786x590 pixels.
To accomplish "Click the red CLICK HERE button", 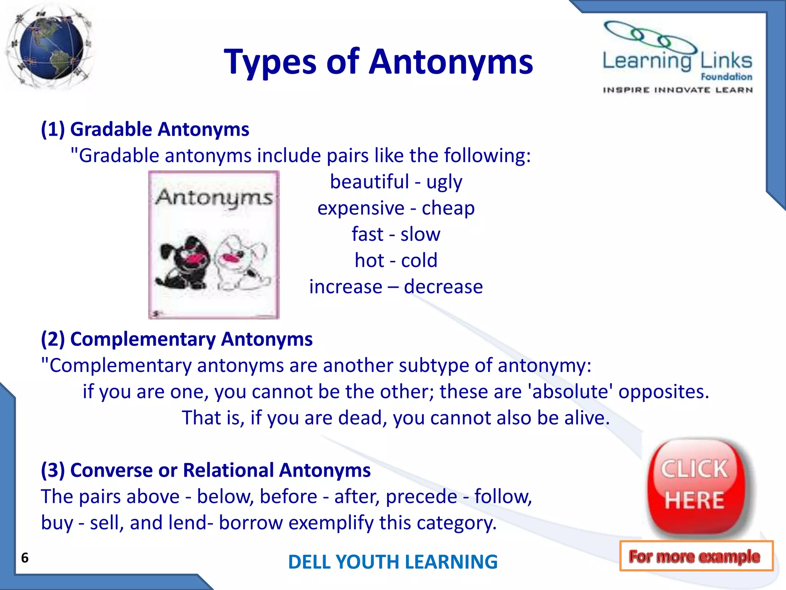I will click(695, 486).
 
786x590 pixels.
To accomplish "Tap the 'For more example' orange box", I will click(696, 556).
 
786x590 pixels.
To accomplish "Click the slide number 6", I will click(25, 558).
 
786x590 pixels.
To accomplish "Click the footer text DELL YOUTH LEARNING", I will click(393, 562).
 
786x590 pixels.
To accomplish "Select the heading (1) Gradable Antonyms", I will click(145, 129).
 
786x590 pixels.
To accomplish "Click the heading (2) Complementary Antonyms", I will click(177, 339).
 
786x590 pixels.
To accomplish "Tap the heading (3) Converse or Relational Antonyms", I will click(206, 470).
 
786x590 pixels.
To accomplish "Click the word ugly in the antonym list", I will click(444, 182).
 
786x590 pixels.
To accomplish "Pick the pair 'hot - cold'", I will click(396, 260).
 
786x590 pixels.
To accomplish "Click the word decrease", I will click(443, 287).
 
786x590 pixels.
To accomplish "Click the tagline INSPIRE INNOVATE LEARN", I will click(677, 90).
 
